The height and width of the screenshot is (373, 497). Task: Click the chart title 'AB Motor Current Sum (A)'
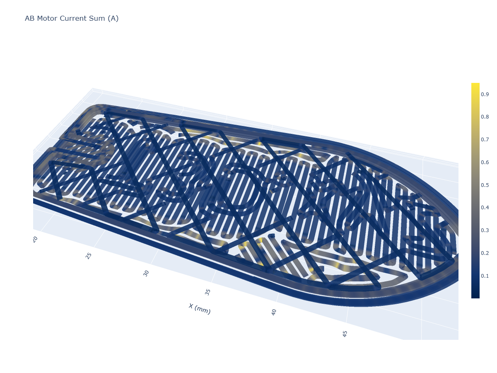pyautogui.click(x=72, y=18)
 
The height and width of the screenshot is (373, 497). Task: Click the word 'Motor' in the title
pyautogui.click(x=47, y=18)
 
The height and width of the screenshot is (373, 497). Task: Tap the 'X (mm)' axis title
pyautogui.click(x=200, y=309)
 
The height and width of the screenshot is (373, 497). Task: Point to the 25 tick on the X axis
pyautogui.click(x=89, y=256)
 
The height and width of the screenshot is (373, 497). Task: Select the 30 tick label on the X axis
pyautogui.click(x=146, y=274)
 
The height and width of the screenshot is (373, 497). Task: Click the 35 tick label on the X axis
pyautogui.click(x=207, y=292)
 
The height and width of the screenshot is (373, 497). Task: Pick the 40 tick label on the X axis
pyautogui.click(x=274, y=312)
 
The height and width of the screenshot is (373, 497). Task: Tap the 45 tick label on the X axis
pyautogui.click(x=345, y=334)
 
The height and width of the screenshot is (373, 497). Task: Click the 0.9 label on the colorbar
pyautogui.click(x=485, y=94)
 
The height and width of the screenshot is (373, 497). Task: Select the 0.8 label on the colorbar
pyautogui.click(x=485, y=116)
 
